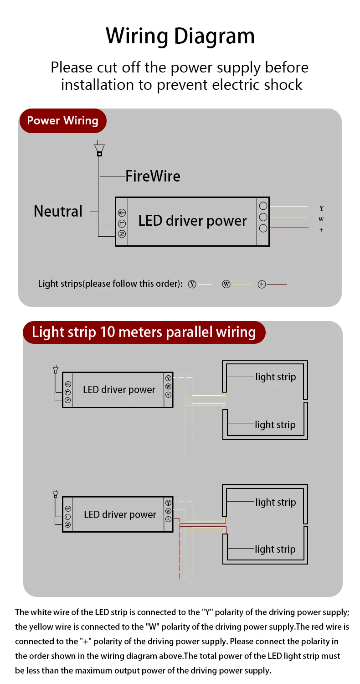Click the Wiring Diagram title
pos(180,36)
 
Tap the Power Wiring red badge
pos(62,121)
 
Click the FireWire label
pos(153,176)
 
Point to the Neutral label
pos(58,211)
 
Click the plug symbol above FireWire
pos(99,150)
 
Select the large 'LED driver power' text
pos(192,221)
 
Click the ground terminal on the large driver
pos(122,213)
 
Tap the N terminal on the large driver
pos(122,234)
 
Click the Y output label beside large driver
pos(321,208)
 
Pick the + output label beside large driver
pos(321,230)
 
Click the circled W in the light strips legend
pos(226,284)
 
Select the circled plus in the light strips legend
pos(262,284)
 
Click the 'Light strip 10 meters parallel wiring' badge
pos(144,332)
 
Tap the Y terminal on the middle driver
pos(168,378)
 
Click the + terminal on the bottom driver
pos(168,519)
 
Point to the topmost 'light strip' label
pos(275,377)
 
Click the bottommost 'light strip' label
pos(275,549)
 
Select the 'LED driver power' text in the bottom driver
pos(120,515)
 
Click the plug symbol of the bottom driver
pos(56,493)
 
